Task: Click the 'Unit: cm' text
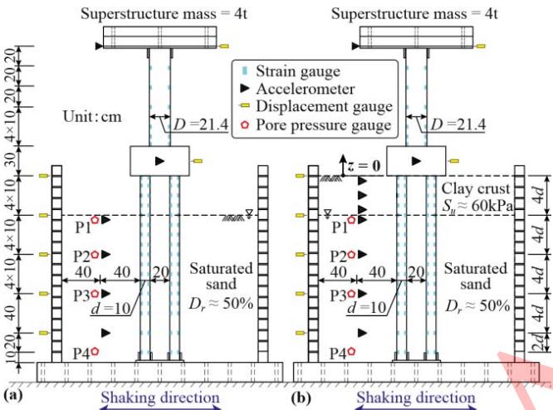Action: tap(94, 117)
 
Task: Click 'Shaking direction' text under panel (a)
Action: tap(161, 398)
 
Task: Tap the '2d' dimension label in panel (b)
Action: tap(538, 340)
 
